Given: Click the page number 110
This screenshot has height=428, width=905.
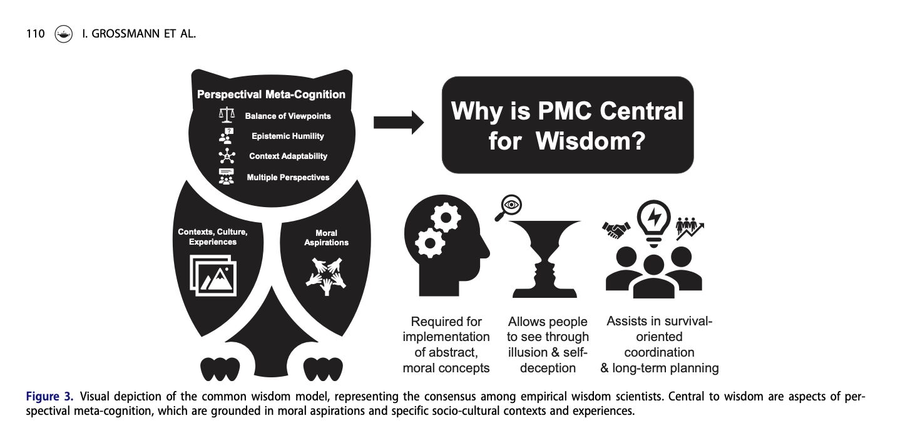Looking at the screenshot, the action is (x=35, y=34).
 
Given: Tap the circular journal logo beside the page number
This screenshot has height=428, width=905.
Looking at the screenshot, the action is (x=63, y=34).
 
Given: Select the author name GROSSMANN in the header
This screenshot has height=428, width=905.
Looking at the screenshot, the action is (x=126, y=34).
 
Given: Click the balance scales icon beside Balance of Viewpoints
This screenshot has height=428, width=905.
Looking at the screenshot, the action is (x=227, y=115).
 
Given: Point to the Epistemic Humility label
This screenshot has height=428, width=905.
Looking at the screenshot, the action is (x=288, y=136).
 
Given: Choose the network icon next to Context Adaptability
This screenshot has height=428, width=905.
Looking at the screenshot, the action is (x=227, y=156).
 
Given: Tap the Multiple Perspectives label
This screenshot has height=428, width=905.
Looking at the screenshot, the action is (x=288, y=177).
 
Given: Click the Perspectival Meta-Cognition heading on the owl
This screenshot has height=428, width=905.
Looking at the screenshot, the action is (x=271, y=94).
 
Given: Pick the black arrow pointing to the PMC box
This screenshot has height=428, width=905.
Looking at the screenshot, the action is (x=398, y=123).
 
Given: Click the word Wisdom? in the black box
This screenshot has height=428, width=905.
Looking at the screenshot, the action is (x=590, y=141).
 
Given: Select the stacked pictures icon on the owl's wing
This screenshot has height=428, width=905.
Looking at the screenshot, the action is (x=213, y=275).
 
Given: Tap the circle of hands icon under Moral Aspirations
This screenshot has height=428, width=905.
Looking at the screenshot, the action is (x=326, y=276).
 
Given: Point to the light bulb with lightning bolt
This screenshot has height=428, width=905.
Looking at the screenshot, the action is (x=653, y=223).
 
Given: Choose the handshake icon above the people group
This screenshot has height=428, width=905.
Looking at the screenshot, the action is (x=616, y=230).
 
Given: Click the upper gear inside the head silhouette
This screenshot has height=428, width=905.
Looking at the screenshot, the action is (x=446, y=218).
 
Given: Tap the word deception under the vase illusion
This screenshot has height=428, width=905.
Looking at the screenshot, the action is (x=548, y=368).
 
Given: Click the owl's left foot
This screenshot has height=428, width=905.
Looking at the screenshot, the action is (x=220, y=369).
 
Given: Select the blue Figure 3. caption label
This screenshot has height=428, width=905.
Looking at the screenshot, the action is (x=49, y=397).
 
